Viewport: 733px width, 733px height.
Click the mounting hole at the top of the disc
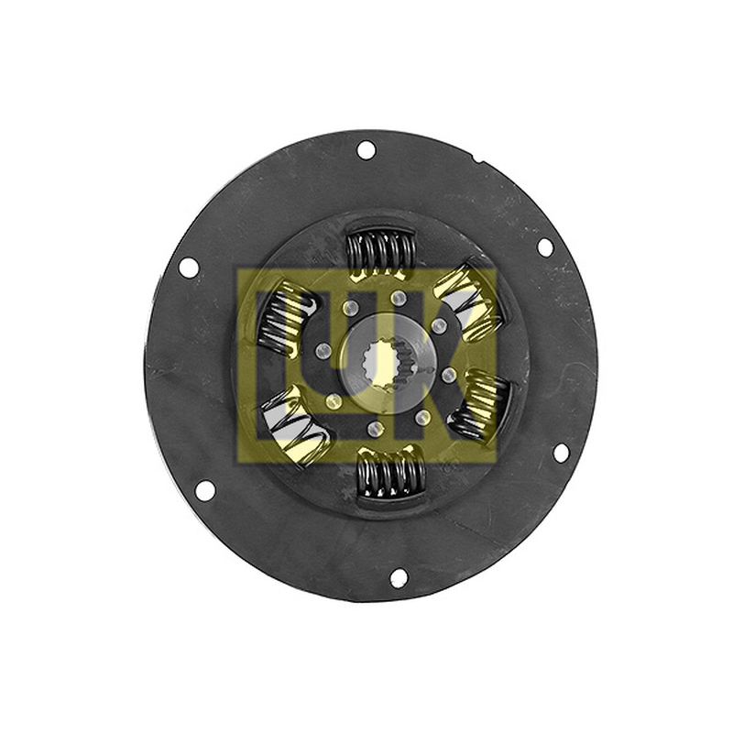tap(366, 150)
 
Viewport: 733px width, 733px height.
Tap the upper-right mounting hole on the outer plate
tap(545, 246)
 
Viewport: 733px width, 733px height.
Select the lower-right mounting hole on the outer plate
tap(560, 452)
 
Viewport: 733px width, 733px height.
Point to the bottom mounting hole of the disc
tap(399, 577)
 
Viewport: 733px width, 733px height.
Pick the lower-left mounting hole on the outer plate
tap(204, 489)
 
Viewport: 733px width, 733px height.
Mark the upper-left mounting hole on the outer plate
tap(189, 268)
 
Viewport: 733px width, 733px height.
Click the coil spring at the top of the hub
tap(380, 254)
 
